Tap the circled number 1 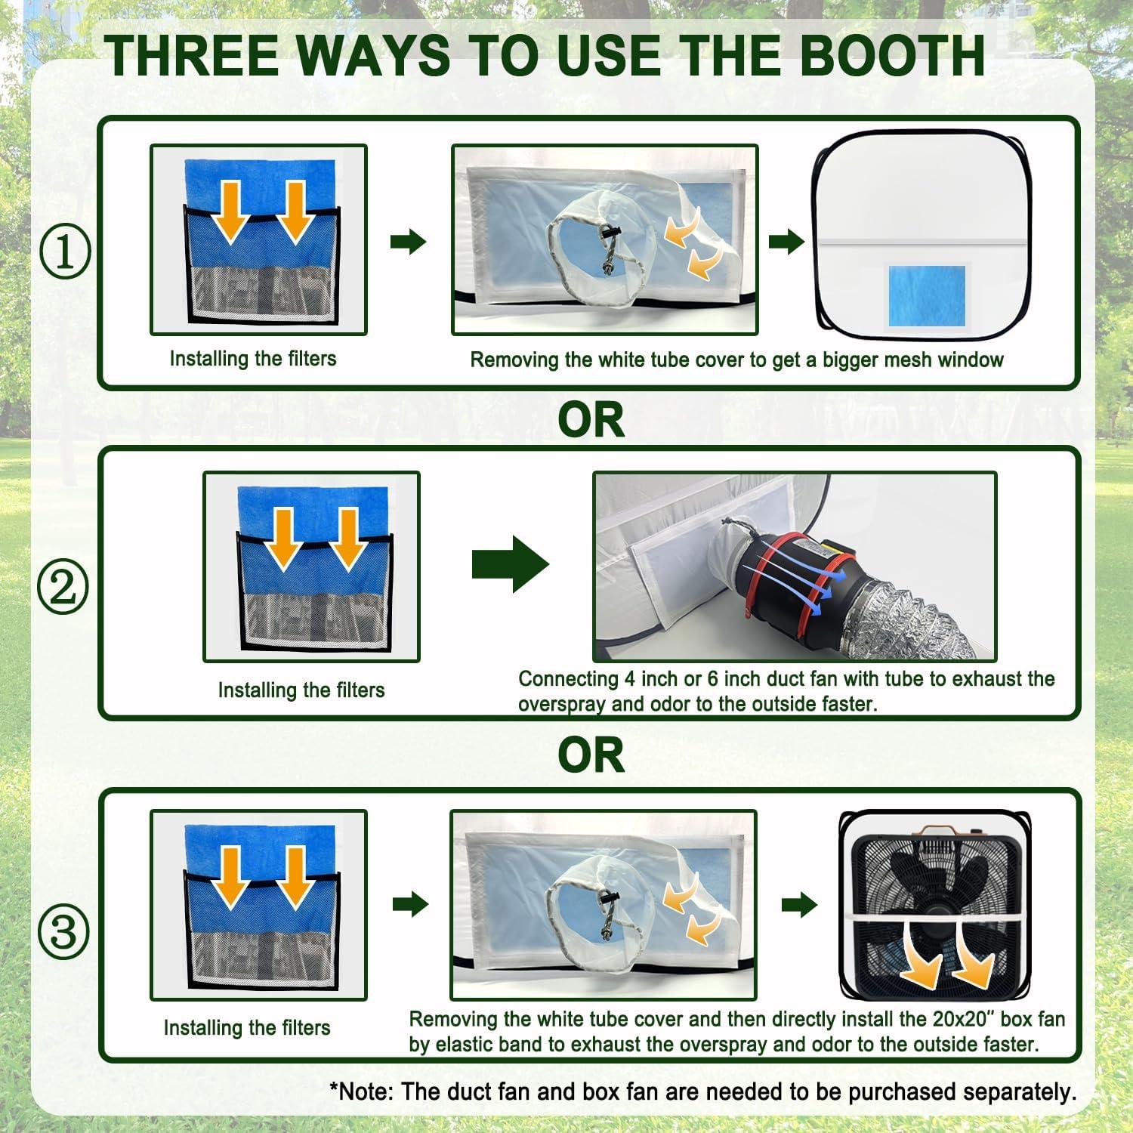coord(64,253)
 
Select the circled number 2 coord(63,587)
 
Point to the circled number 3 coord(63,932)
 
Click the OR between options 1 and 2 coord(591,420)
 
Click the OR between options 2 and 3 coord(591,755)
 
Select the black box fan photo coord(936,903)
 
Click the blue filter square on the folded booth coord(927,295)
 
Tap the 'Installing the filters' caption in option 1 coord(253,359)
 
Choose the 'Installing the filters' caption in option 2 coord(301,690)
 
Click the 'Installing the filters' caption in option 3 coord(247,1028)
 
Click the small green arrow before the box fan coord(799,904)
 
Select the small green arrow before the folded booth coord(786,242)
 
